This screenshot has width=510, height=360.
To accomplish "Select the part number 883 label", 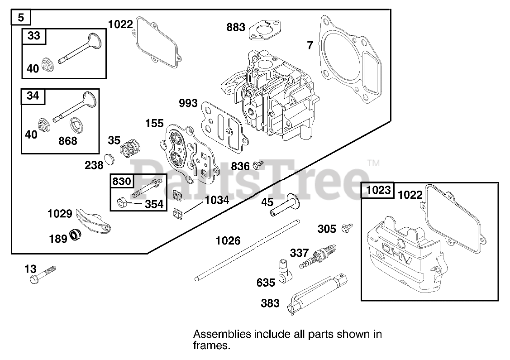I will [236, 27].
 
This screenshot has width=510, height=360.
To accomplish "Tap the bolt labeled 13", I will [42, 275].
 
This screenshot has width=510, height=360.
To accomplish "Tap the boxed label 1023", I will [378, 190].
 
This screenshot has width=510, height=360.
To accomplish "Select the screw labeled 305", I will [348, 227].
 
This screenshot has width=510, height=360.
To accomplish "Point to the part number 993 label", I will [188, 103].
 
